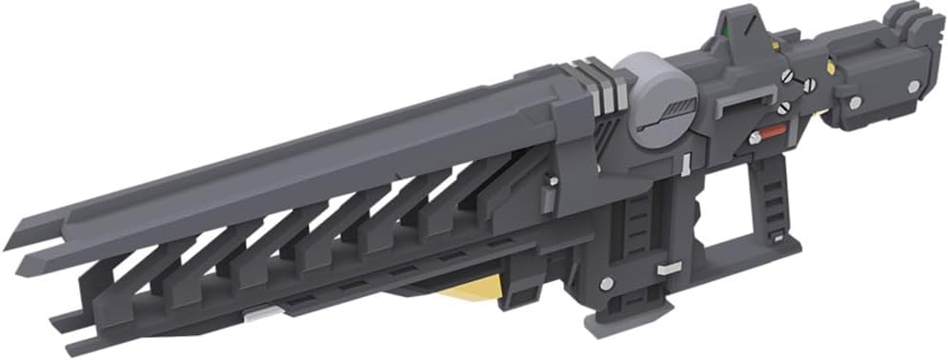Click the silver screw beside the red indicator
point(755,139)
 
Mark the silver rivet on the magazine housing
point(606,283)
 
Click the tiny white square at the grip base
point(778,235)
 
